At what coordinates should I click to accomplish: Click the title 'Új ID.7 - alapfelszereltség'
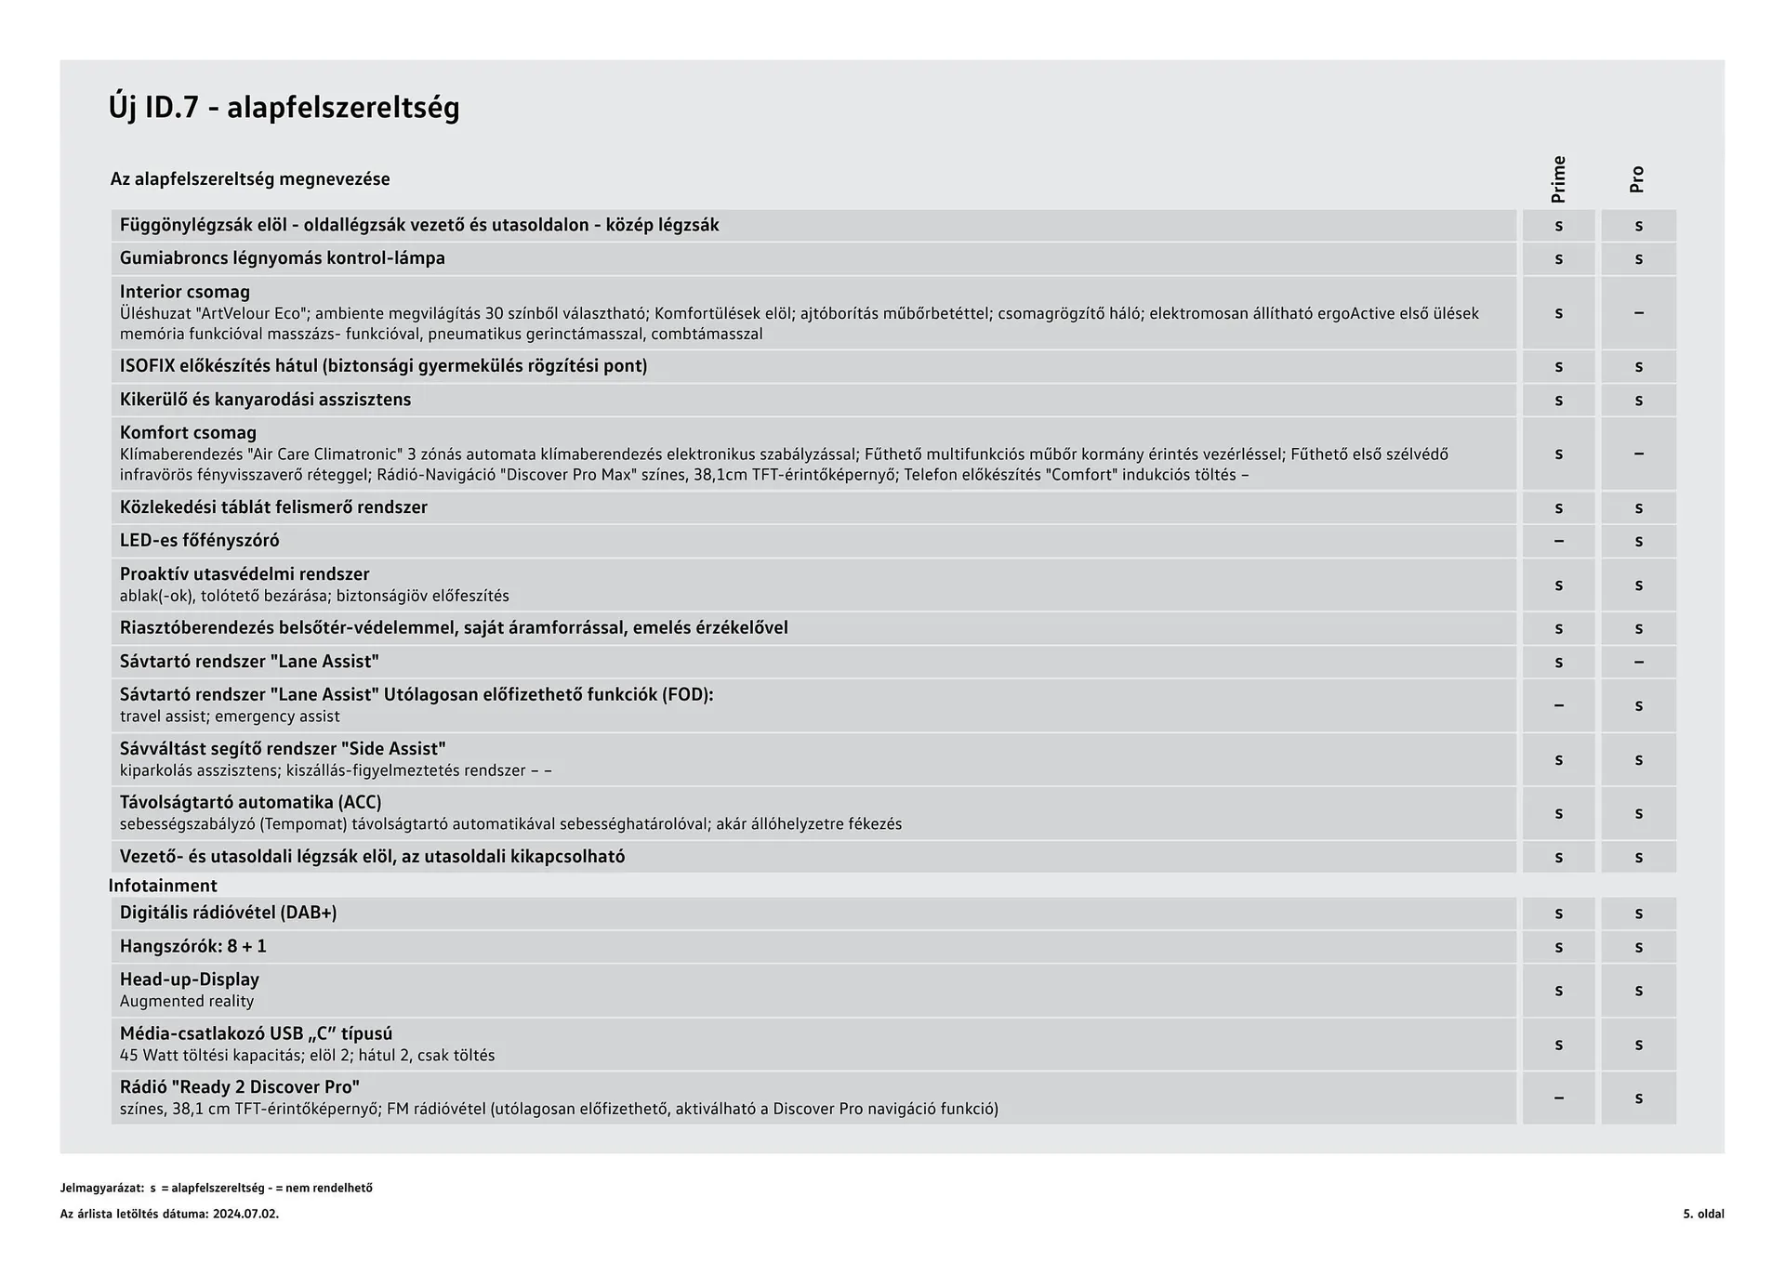coord(284,108)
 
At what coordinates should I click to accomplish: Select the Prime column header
coord(1558,179)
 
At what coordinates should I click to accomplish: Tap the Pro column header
coord(1637,179)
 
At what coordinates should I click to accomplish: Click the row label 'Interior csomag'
coord(185,292)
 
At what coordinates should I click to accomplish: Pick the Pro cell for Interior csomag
coord(1638,313)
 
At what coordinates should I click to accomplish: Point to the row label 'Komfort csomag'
coord(188,432)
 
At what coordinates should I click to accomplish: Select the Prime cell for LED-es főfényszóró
coord(1558,541)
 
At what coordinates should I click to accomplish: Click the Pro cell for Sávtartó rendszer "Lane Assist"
coord(1638,662)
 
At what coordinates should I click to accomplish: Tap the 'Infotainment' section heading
coord(163,886)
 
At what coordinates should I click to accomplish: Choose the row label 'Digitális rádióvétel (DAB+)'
coord(228,913)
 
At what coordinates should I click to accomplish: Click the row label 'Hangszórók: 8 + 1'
coord(192,946)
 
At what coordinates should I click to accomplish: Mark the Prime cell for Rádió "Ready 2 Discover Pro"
coord(1558,1098)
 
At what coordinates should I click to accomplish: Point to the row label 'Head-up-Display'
coord(190,979)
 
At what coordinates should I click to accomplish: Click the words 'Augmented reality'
coord(187,1001)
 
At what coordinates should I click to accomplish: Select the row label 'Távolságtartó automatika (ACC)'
coord(250,802)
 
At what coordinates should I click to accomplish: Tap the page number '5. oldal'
coord(1703,1214)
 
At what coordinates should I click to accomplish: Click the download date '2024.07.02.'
coord(245,1214)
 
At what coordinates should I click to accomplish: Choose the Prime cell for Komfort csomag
coord(1558,454)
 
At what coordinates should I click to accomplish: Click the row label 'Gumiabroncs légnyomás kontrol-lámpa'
coord(282,258)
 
